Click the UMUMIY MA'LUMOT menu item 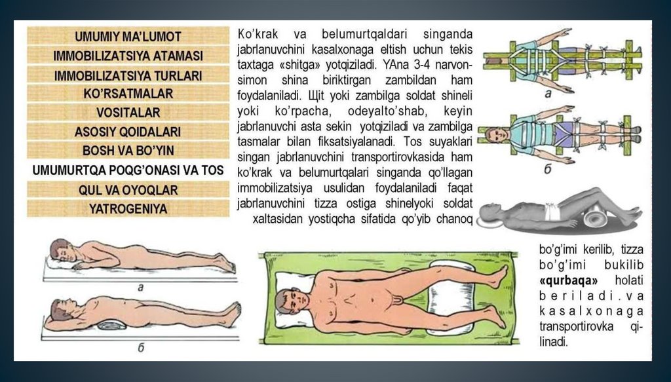pyautogui.click(x=128, y=36)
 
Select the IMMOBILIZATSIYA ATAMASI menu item pyautogui.click(x=128, y=56)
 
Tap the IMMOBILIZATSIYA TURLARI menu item pyautogui.click(x=128, y=75)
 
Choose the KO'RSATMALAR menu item pyautogui.click(x=128, y=93)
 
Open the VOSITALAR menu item pyautogui.click(x=128, y=113)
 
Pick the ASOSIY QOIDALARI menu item pyautogui.click(x=128, y=131)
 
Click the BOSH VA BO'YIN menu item pyautogui.click(x=128, y=150)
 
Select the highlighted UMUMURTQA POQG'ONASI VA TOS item pyautogui.click(x=128, y=170)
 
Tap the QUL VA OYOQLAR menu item pyautogui.click(x=128, y=189)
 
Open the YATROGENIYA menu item pyautogui.click(x=128, y=208)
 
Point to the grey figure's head pyautogui.click(x=490, y=212)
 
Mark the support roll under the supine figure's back pyautogui.click(x=111, y=325)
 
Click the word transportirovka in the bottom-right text pyautogui.click(x=576, y=327)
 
